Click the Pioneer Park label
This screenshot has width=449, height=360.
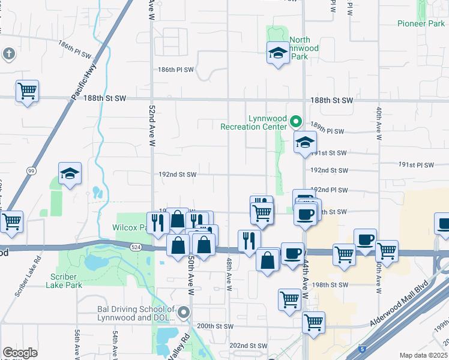click(421, 23)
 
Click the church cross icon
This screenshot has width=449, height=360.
click(8, 55)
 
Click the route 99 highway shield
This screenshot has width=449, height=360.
click(31, 170)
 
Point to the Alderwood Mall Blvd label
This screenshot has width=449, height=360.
click(402, 304)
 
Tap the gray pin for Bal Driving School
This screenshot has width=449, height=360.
click(184, 313)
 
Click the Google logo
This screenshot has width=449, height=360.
click(20, 353)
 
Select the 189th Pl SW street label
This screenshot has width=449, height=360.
click(327, 131)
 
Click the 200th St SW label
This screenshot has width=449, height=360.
click(214, 326)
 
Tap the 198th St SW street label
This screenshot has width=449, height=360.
click(330, 284)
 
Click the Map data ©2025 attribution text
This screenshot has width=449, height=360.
click(423, 355)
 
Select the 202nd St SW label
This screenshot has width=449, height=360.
click(248, 346)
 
